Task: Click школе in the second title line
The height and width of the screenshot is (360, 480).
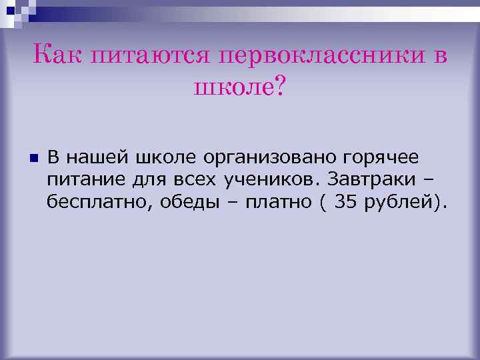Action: (x=232, y=86)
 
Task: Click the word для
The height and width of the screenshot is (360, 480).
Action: (x=137, y=180)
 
